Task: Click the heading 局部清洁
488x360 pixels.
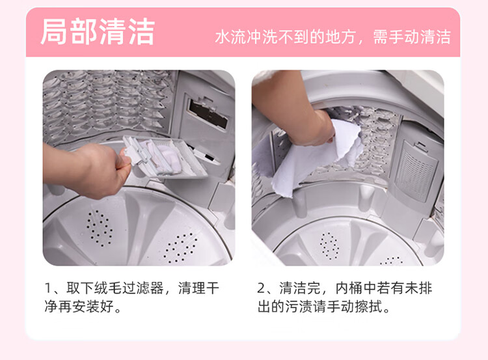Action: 98,32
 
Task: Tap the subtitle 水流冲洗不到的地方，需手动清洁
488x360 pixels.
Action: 332,37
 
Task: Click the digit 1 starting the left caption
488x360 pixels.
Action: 48,288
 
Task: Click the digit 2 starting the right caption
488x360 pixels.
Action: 261,288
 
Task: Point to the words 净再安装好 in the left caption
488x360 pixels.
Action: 79,307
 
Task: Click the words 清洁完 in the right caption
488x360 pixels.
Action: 300,288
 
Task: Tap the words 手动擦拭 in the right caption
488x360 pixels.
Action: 355,307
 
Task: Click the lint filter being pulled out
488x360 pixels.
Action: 165,157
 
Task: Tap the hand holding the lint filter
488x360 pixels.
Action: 93,170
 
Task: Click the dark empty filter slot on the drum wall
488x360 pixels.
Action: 208,114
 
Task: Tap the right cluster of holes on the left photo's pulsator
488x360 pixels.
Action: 180,247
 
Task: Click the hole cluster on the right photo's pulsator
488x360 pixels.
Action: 329,246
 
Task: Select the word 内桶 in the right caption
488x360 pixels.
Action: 348,288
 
